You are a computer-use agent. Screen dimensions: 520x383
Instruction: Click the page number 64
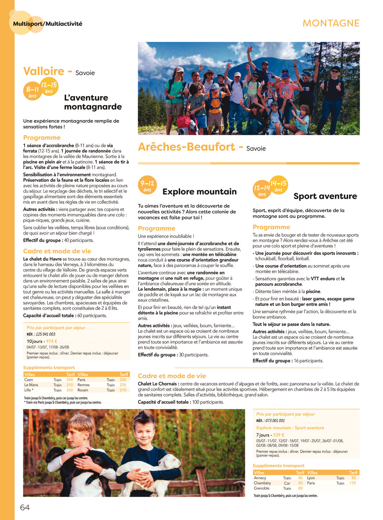pyautogui.click(x=25, y=507)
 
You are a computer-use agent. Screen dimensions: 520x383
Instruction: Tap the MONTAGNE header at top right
pyautogui.click(x=331, y=23)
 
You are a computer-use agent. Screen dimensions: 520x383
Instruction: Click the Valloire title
pyautogui.click(x=44, y=71)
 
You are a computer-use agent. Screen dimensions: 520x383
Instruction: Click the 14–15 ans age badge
pyautogui.click(x=279, y=186)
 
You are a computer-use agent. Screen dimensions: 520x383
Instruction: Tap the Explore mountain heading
pyautogui.click(x=199, y=192)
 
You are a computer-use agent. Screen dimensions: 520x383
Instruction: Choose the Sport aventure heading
pyautogui.click(x=325, y=196)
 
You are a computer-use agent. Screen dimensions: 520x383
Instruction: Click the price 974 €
pyautogui.click(x=52, y=341)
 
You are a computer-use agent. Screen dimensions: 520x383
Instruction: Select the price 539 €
pyautogui.click(x=279, y=435)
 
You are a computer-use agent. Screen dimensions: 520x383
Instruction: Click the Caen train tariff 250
pyautogui.click(x=70, y=380)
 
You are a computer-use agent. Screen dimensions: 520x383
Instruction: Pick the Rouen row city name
pyautogui.click(x=83, y=390)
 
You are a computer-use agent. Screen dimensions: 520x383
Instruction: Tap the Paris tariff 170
pyautogui.click(x=353, y=483)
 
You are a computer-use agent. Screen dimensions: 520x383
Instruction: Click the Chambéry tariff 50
pyautogui.click(x=300, y=483)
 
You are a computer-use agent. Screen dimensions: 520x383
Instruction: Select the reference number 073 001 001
pyautogui.click(x=275, y=421)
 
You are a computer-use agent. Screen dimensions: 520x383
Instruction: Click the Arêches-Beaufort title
pyautogui.click(x=186, y=147)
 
